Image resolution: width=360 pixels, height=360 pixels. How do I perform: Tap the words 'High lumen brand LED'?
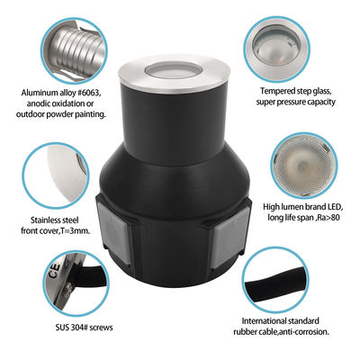point(302,206)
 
